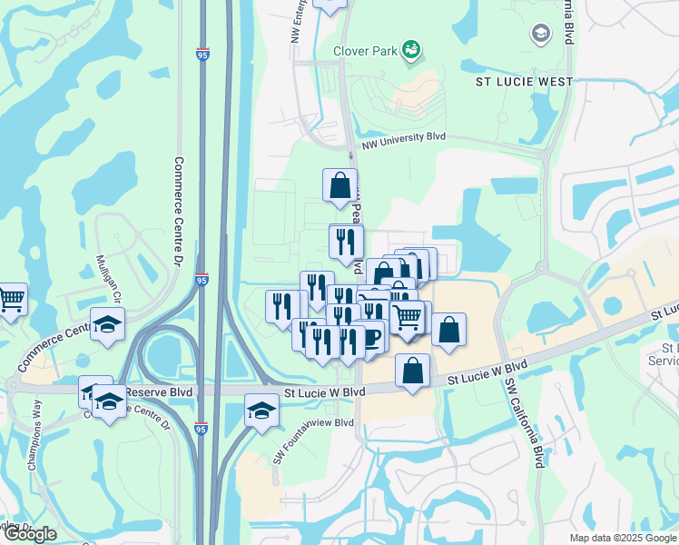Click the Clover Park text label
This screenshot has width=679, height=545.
click(365, 51)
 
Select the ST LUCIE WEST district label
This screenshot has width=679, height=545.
click(525, 82)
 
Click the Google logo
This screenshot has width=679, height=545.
click(29, 534)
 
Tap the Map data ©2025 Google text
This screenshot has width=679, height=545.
click(623, 538)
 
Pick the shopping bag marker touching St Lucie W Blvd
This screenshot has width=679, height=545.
click(413, 371)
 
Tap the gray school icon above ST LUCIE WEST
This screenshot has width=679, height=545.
click(540, 35)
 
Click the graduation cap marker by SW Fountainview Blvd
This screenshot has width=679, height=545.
click(261, 410)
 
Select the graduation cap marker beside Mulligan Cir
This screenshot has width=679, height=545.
click(107, 325)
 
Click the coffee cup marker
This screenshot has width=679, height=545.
click(371, 336)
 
